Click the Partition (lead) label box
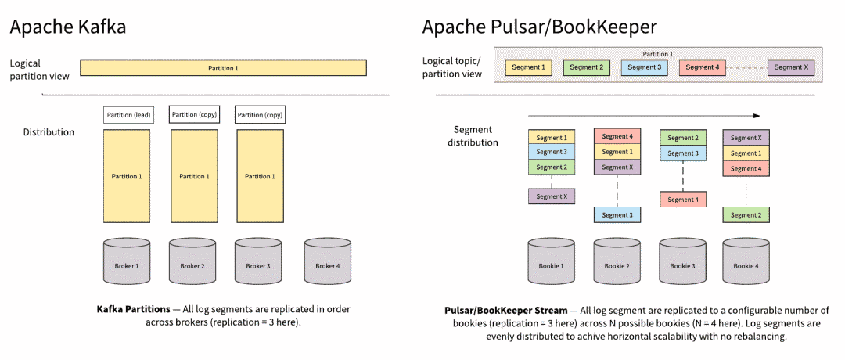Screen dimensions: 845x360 click(128, 115)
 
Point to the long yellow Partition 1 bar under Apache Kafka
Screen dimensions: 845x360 click(223, 68)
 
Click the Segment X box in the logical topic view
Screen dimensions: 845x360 click(791, 67)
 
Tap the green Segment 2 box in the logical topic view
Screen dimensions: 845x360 click(586, 67)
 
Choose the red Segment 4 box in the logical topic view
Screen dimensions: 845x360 click(703, 67)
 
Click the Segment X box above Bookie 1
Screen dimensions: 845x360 click(552, 196)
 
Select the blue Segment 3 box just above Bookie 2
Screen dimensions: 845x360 click(617, 215)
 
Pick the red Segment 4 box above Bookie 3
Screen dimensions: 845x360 click(682, 200)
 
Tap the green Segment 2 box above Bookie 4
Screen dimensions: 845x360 click(746, 215)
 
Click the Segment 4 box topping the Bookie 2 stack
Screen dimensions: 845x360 click(617, 136)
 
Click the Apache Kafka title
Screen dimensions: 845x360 click(68, 27)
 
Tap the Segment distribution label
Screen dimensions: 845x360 click(476, 136)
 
